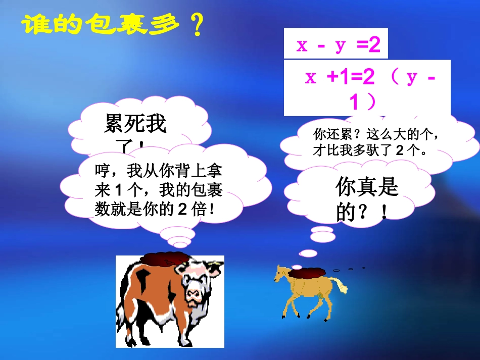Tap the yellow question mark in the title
click(x=195, y=26)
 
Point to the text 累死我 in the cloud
click(x=135, y=123)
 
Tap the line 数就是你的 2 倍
click(x=155, y=208)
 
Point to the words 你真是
click(x=367, y=188)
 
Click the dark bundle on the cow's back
click(x=164, y=259)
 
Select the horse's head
click(x=280, y=273)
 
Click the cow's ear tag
click(x=218, y=264)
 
